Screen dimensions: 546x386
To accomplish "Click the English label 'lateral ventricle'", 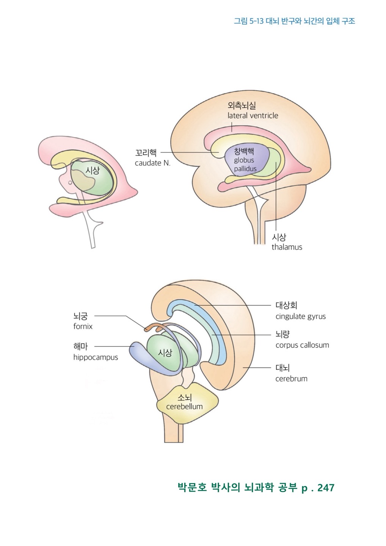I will (253, 116).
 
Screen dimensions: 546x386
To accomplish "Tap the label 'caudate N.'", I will (152, 163).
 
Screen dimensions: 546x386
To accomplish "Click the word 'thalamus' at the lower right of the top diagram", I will (287, 247).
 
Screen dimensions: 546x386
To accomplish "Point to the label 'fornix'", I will (83, 326).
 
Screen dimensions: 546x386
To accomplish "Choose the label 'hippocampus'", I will (96, 357).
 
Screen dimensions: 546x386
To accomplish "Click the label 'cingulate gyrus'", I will (300, 316).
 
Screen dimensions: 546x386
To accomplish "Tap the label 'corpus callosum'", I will (302, 345).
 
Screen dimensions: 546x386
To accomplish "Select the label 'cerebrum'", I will (291, 378).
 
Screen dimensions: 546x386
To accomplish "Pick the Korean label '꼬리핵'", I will (146, 153).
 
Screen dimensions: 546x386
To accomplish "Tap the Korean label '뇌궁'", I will (80, 316).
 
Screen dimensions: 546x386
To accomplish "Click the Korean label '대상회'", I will (283, 306).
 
